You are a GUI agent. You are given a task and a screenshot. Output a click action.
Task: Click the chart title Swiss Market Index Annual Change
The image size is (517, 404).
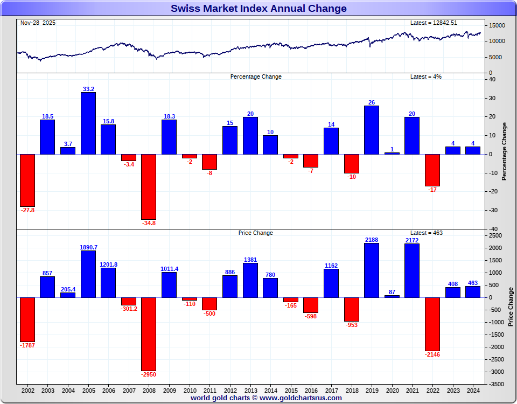click(258, 9)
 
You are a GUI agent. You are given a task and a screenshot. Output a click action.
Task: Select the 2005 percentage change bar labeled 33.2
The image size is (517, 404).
click(88, 123)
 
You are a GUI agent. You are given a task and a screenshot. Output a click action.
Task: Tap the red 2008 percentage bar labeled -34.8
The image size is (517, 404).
click(149, 186)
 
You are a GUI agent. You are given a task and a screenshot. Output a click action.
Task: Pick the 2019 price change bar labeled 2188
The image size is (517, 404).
click(372, 270)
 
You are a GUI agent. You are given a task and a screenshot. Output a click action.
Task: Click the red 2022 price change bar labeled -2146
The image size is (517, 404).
click(432, 324)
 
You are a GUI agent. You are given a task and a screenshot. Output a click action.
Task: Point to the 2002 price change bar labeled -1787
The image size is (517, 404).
click(27, 319)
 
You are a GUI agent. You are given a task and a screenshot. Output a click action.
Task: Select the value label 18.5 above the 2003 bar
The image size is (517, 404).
click(47, 116)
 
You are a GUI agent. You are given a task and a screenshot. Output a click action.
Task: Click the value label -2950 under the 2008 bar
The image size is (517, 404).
click(149, 374)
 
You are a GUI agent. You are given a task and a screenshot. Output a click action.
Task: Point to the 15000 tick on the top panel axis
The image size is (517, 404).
click(497, 26)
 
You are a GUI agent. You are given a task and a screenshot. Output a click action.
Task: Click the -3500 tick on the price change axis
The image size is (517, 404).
click(497, 385)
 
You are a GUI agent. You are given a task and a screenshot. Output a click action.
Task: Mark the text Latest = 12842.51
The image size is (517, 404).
click(434, 23)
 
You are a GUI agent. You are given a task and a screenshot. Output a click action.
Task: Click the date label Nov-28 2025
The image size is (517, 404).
click(38, 23)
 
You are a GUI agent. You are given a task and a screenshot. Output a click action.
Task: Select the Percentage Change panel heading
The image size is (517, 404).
click(256, 76)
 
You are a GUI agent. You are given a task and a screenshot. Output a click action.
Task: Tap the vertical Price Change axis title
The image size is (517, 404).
click(511, 307)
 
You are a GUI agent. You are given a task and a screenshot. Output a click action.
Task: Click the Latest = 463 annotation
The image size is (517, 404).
click(427, 233)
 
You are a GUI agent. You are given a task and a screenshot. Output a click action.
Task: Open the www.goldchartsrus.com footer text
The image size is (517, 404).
click(301, 398)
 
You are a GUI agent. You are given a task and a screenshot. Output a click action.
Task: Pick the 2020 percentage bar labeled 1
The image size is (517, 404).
click(392, 153)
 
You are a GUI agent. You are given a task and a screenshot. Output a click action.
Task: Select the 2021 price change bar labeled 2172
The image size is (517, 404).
click(412, 270)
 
